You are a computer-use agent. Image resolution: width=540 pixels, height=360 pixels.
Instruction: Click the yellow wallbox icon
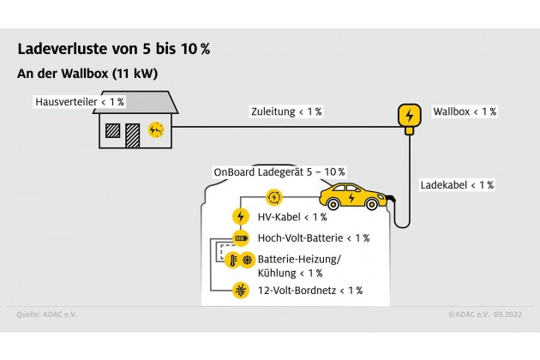tap(409, 115)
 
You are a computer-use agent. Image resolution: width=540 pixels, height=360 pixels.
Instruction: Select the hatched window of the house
tap(111, 131)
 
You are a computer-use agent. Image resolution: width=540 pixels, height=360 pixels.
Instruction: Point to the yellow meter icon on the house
tap(155, 129)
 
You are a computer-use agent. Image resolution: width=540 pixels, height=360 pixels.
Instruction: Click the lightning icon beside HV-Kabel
tap(241, 217)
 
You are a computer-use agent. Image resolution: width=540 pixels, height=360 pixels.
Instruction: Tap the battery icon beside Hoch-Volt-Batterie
tap(241, 237)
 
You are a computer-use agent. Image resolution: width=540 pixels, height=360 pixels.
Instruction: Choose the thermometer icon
tap(232, 260)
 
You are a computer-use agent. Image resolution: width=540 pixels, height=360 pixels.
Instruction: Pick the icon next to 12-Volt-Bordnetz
tap(241, 291)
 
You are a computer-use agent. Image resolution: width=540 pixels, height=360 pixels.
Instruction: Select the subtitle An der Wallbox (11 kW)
tap(87, 74)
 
